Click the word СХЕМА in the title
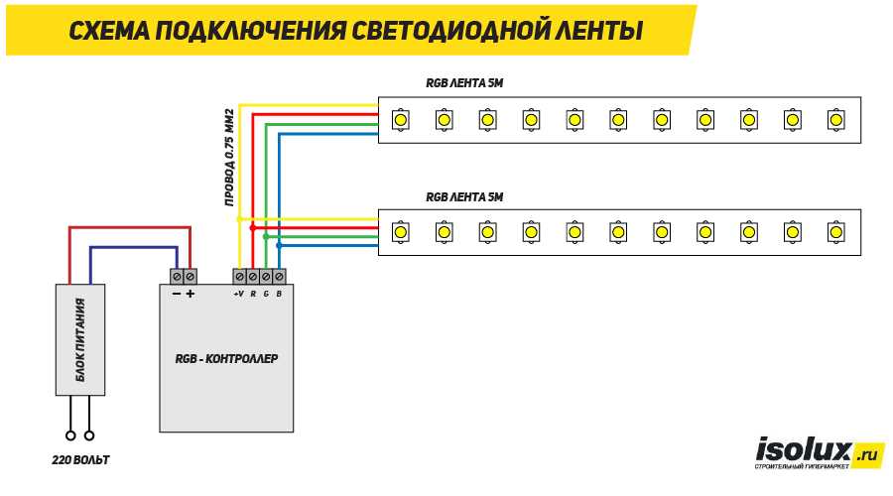tap(109, 31)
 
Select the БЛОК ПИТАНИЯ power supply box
tap(80, 340)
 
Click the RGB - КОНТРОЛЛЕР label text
tap(226, 359)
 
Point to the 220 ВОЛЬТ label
tap(80, 459)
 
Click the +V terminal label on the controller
tap(238, 294)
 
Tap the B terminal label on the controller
tap(279, 294)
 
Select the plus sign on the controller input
tap(191, 294)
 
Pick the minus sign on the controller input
tap(177, 294)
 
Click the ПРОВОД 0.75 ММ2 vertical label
tap(229, 157)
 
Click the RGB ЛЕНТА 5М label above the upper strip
tap(464, 83)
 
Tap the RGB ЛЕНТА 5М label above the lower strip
tap(464, 197)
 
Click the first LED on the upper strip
tap(401, 120)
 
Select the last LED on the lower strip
tap(836, 232)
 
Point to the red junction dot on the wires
tap(253, 228)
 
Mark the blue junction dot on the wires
tap(279, 245)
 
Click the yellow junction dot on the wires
tap(240, 219)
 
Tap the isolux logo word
tap(803, 450)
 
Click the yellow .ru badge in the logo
tap(868, 454)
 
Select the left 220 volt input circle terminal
tap(70, 435)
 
